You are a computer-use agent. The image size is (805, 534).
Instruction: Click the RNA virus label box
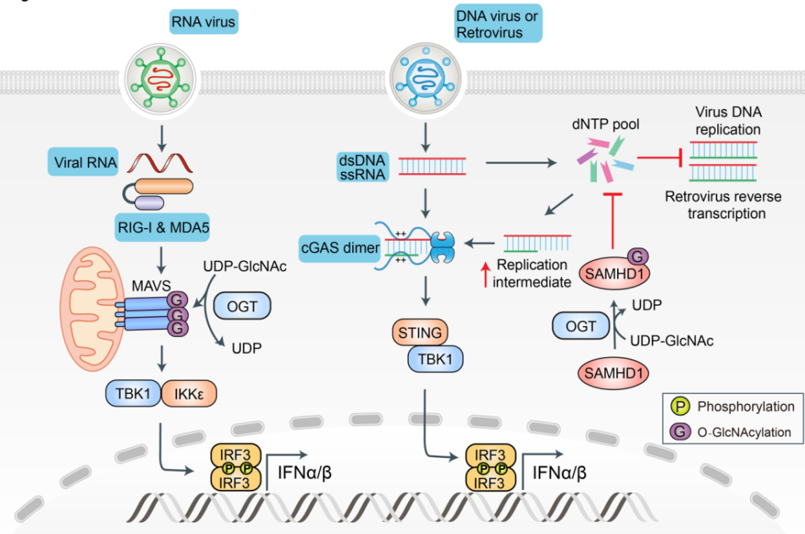click(x=204, y=22)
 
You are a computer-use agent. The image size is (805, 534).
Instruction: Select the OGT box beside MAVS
click(x=242, y=307)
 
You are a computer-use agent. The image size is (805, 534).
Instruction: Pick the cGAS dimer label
click(x=339, y=247)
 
